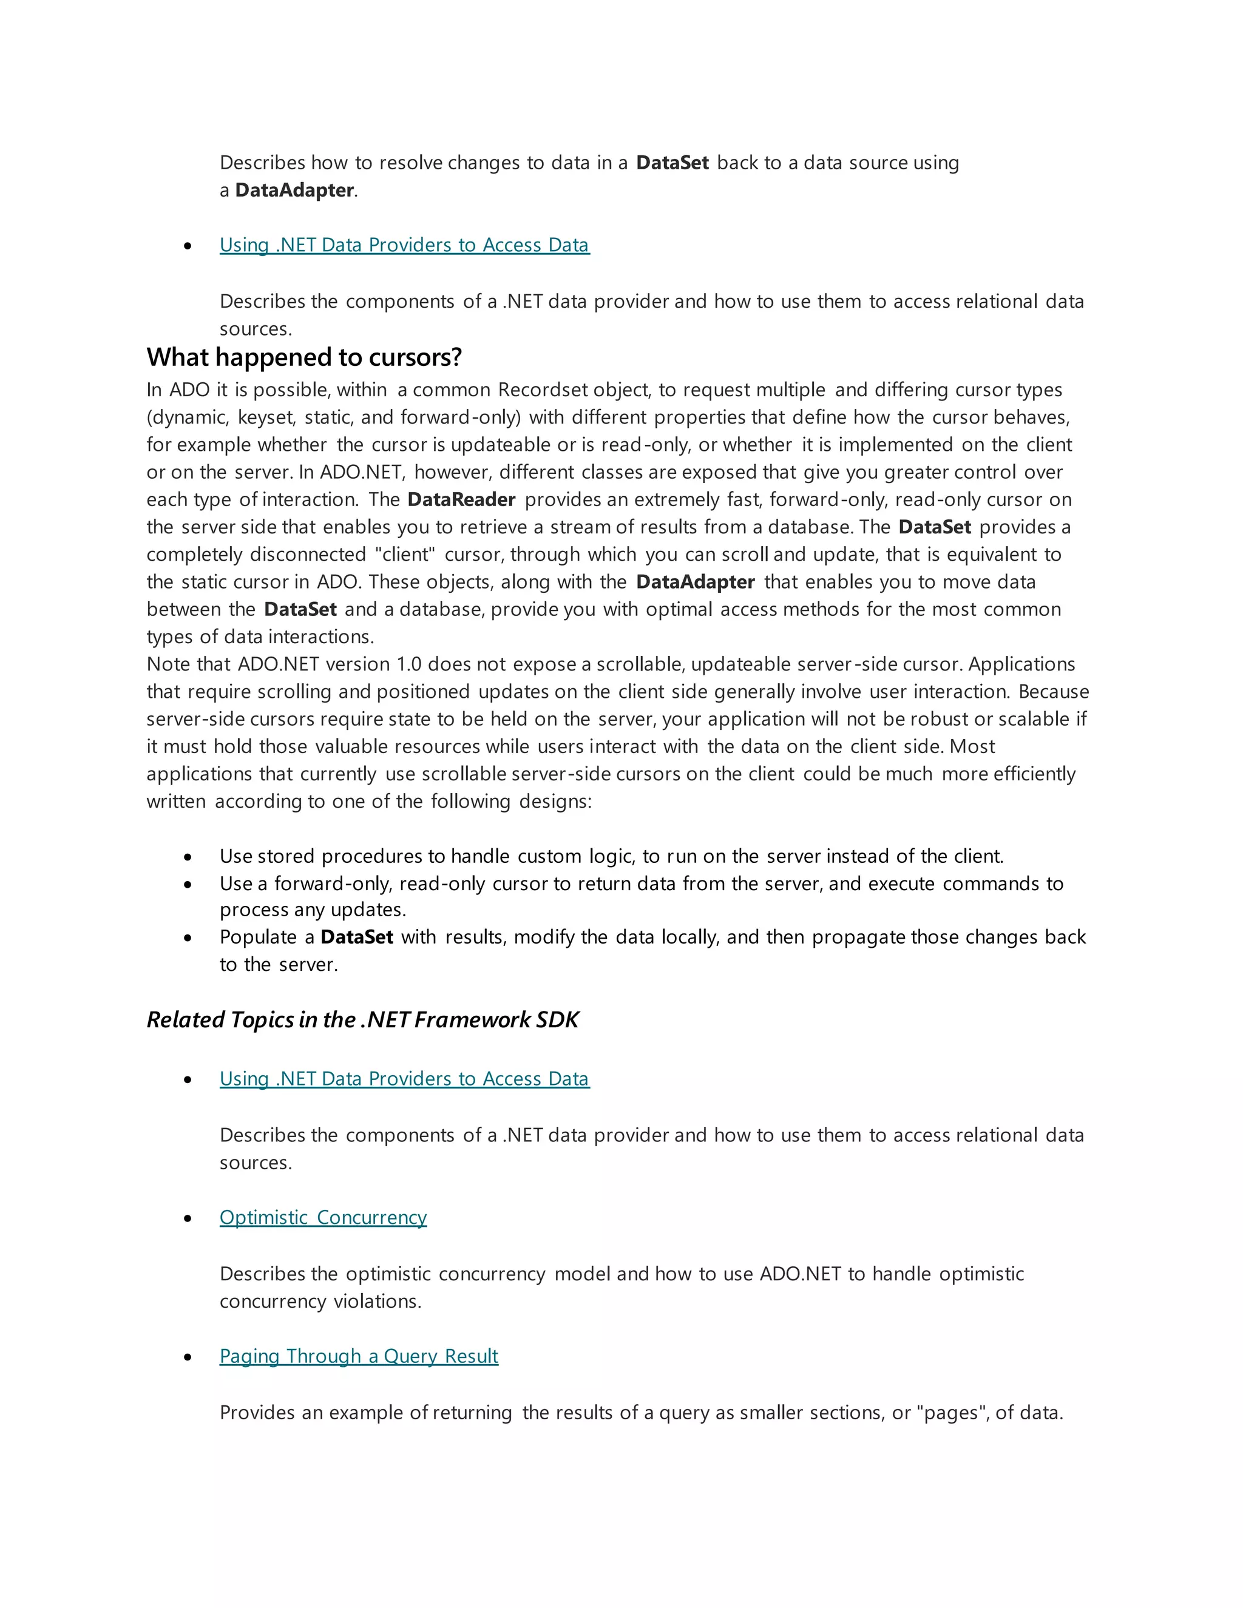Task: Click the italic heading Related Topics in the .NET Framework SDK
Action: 362,1020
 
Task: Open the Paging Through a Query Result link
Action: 359,1356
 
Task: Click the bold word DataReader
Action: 461,500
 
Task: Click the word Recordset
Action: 543,390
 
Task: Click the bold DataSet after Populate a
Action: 356,937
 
